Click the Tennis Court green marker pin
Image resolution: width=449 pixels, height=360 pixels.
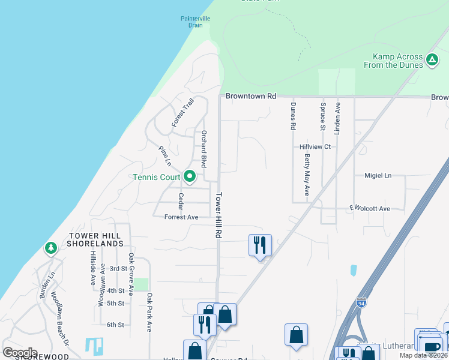(x=190, y=176)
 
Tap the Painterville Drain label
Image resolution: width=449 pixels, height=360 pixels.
(x=196, y=22)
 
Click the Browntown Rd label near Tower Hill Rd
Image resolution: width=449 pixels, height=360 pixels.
(x=251, y=96)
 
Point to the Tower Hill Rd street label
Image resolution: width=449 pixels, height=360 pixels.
(x=219, y=215)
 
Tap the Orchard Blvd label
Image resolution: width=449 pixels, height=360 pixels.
(x=204, y=148)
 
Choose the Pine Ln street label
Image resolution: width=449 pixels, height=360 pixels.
(x=164, y=155)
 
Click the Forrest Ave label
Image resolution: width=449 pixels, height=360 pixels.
(x=181, y=217)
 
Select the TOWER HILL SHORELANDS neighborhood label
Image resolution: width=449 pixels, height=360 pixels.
(x=95, y=240)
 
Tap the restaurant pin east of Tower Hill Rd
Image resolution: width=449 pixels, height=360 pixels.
(x=260, y=245)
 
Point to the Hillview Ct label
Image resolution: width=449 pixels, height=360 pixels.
(x=315, y=146)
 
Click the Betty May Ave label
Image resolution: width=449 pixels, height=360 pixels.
(x=307, y=175)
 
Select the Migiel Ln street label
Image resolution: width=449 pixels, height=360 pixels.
(x=378, y=176)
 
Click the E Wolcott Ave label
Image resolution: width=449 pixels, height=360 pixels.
(x=370, y=208)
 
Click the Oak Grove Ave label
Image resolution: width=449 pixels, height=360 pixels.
(x=130, y=274)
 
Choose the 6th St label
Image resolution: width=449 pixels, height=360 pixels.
(x=115, y=325)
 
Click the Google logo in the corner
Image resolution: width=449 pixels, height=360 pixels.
(x=20, y=352)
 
